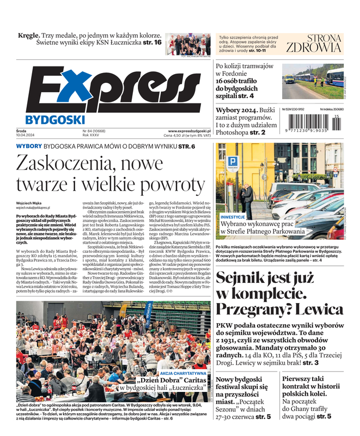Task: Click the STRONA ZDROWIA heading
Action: pos(313,44)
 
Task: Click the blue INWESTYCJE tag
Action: pos(233,217)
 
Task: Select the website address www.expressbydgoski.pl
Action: pos(189,131)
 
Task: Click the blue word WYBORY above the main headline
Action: pos(29,147)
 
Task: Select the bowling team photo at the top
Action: pos(187,44)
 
